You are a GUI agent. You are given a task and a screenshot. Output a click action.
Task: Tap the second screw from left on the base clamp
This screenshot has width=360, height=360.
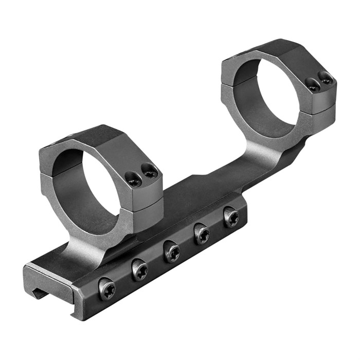point(139,270)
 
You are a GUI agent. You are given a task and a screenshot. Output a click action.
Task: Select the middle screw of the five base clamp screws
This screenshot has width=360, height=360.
point(172,252)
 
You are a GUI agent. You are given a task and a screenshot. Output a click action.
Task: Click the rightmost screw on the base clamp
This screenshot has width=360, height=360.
point(231,218)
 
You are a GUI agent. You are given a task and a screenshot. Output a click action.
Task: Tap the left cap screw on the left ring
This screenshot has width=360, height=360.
point(133,178)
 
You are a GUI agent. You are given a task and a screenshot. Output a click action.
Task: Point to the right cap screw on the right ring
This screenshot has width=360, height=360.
point(325,78)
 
